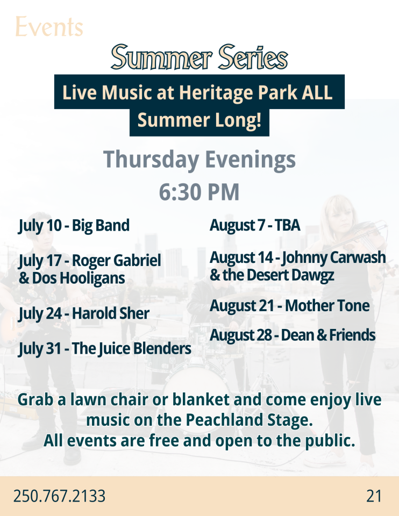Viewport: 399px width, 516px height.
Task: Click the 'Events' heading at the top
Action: (x=49, y=27)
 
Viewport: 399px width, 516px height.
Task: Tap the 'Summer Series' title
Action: (x=199, y=58)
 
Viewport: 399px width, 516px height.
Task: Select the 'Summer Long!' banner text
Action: (x=199, y=120)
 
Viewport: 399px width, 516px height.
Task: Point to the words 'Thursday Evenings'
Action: (x=199, y=160)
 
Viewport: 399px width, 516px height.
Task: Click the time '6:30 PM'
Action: (x=199, y=192)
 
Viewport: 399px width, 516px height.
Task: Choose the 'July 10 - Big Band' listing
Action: (x=74, y=226)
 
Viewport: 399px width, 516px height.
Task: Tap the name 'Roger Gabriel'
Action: (x=117, y=260)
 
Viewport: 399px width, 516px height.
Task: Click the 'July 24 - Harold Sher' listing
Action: (x=84, y=313)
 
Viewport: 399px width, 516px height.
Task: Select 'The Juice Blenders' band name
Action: (x=131, y=348)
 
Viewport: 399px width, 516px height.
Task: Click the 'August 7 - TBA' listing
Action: (x=255, y=225)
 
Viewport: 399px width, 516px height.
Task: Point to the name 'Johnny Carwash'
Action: (x=333, y=257)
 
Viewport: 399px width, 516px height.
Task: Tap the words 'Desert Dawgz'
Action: (x=290, y=275)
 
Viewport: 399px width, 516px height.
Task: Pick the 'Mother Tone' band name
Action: (x=327, y=306)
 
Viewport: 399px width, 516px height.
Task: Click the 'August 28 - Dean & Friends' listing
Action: (x=293, y=335)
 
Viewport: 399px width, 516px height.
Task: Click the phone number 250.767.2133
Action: (x=59, y=496)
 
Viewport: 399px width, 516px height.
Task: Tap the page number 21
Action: (x=374, y=496)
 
